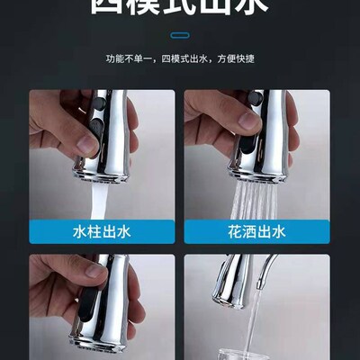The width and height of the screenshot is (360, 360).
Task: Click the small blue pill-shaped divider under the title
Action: click(x=180, y=36)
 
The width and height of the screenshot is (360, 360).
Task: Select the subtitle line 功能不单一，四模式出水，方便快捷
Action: click(x=180, y=59)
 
